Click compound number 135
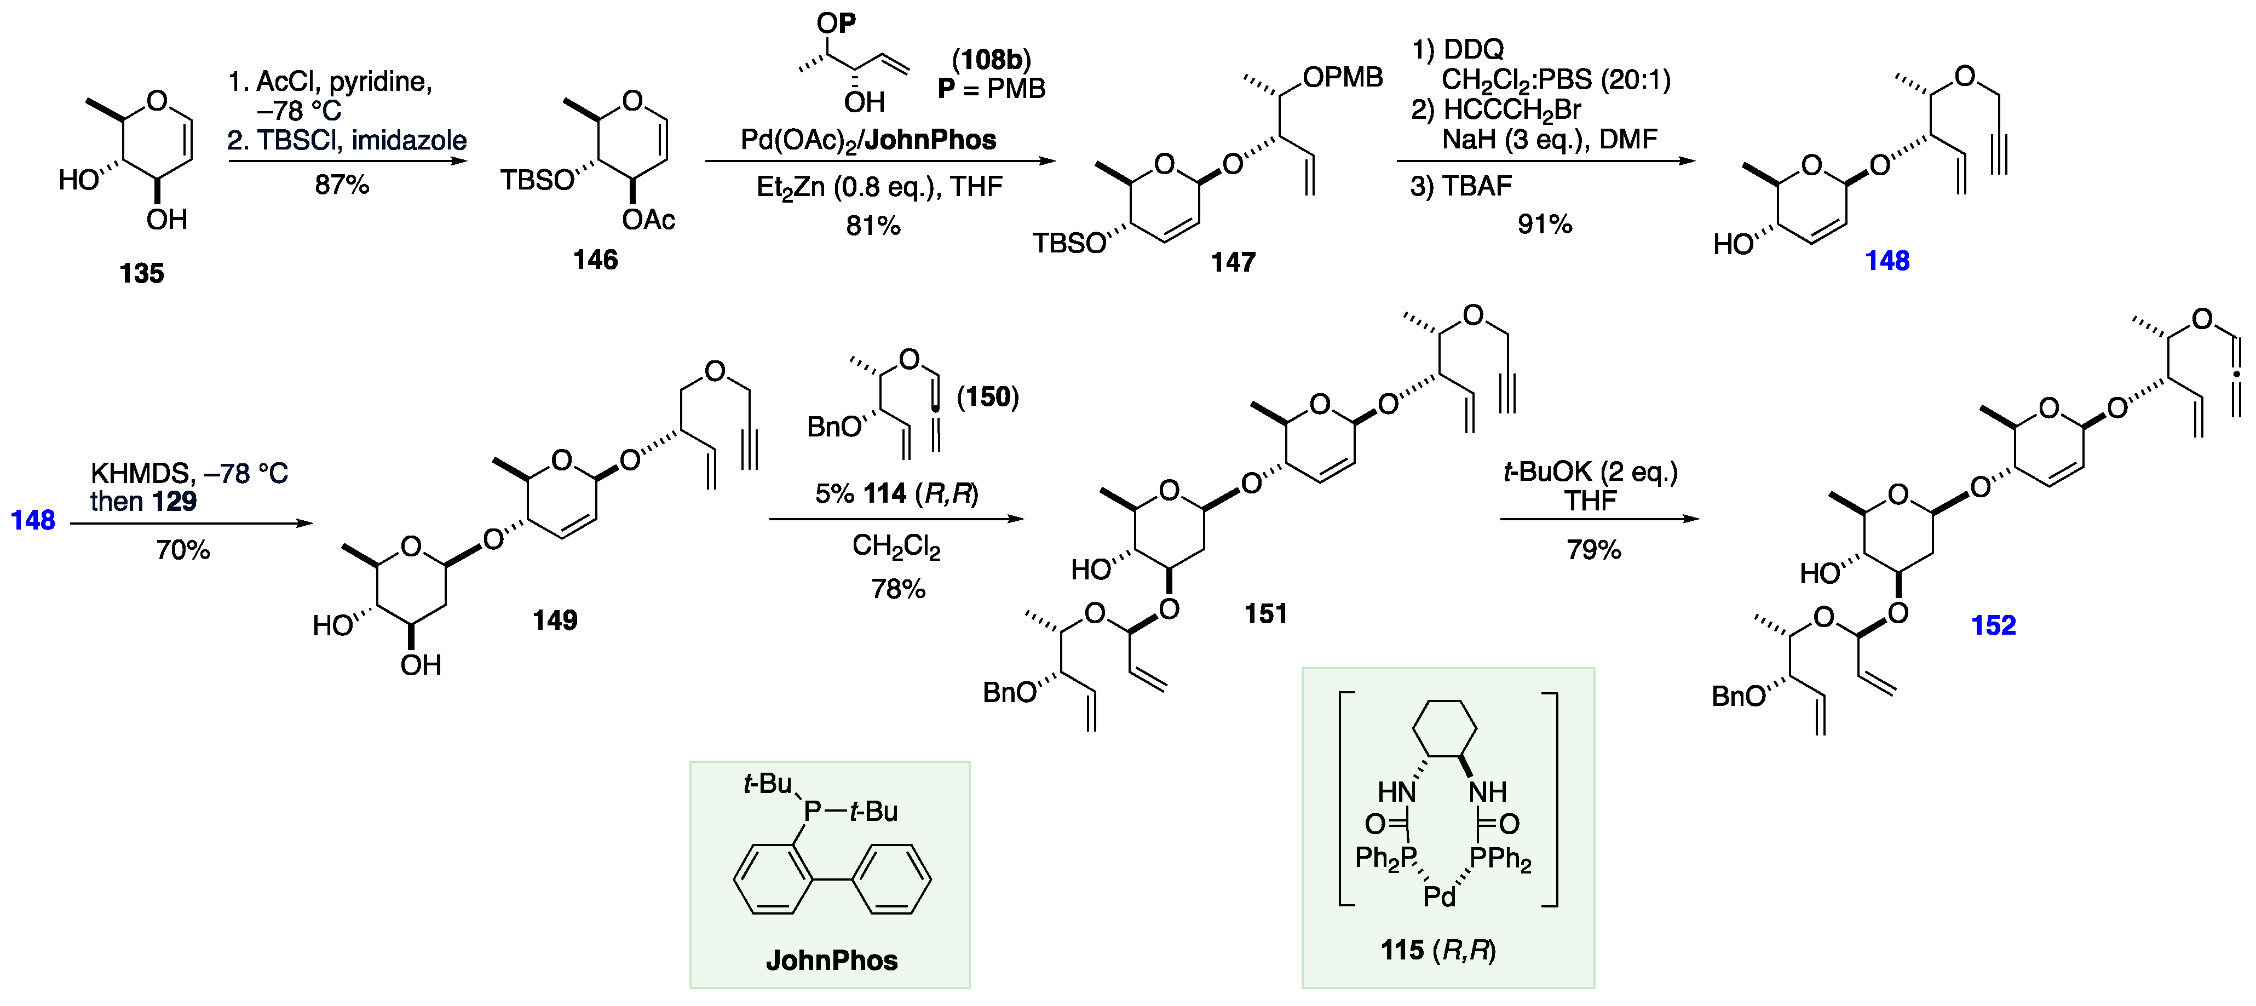[142, 273]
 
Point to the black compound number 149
[555, 620]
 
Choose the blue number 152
[1993, 625]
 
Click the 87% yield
[342, 185]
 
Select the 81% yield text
[873, 226]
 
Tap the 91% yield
[1545, 224]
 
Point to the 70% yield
[183, 550]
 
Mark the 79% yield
[1594, 550]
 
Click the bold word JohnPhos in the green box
[831, 961]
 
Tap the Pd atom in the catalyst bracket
[1439, 896]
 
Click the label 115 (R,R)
[1438, 950]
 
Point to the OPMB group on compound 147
[1342, 78]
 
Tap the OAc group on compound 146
[648, 220]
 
